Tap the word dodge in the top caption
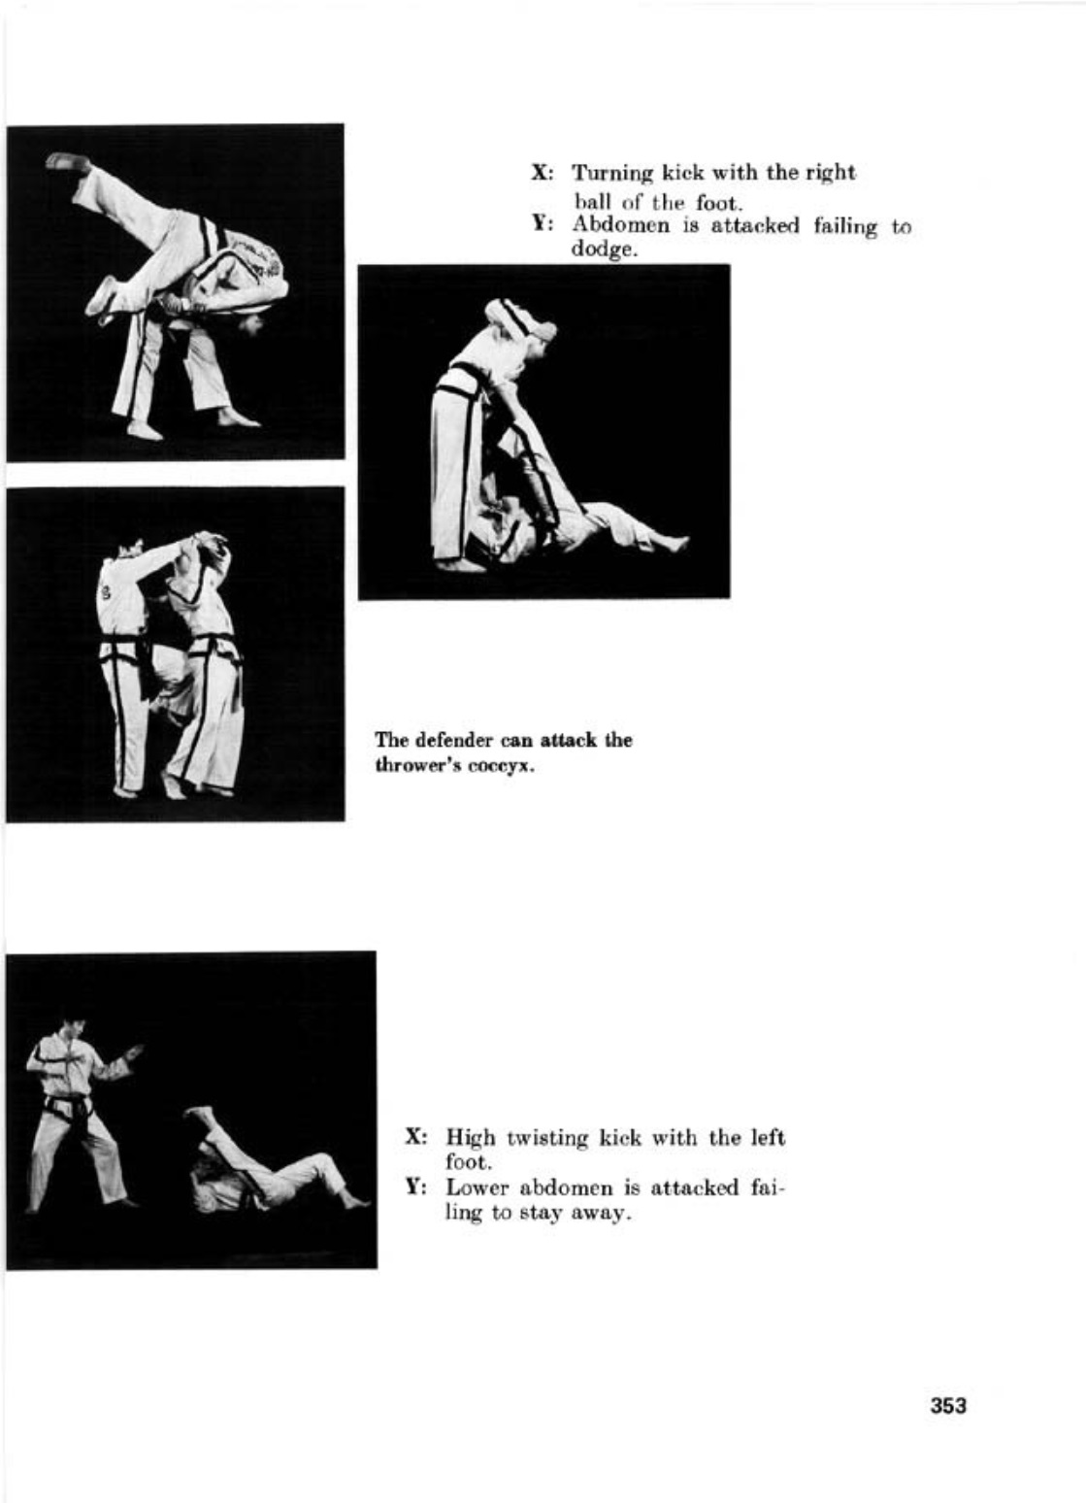tap(601, 250)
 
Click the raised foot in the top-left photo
tap(66, 162)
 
